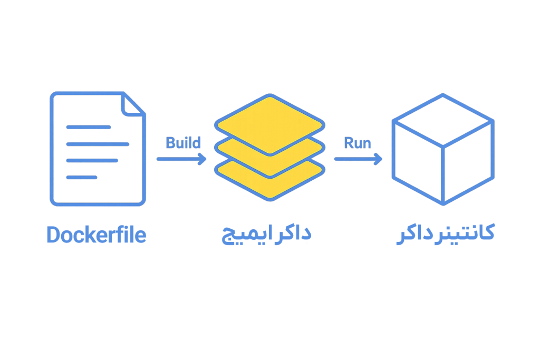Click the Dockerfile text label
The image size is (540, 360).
pos(96,235)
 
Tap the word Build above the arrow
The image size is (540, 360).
pos(183,143)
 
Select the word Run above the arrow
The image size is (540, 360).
pos(357,143)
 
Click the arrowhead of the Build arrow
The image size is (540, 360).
pos(203,159)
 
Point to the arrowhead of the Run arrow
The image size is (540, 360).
pos(378,159)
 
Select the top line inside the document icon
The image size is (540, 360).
pos(88,127)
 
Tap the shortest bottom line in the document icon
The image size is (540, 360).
pos(81,177)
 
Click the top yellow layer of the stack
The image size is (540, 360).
pos(269,124)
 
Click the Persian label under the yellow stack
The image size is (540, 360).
pos(267,235)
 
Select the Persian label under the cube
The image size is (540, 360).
pos(445,233)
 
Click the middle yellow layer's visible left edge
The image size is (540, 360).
pos(221,147)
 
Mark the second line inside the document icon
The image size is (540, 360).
pos(98,144)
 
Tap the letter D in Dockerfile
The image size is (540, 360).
pos(53,235)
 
